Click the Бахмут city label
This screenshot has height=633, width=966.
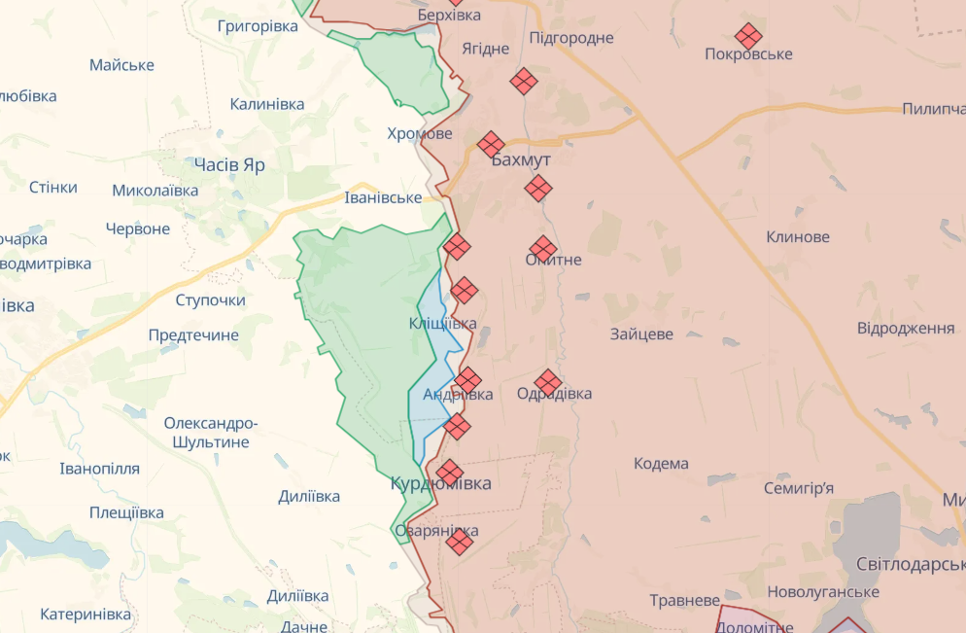(522, 159)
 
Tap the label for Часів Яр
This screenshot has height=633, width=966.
(229, 165)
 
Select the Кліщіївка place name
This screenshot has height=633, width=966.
(442, 323)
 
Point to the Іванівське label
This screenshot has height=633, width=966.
(383, 197)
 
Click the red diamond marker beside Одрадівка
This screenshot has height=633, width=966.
(548, 382)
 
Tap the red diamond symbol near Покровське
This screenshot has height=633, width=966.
(748, 37)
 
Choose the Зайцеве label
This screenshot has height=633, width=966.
(641, 334)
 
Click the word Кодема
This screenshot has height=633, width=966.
(661, 463)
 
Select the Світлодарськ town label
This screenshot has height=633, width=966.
(910, 564)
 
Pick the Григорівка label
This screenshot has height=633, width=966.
(258, 26)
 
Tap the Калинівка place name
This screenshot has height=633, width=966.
(267, 104)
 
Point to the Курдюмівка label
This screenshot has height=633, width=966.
(441, 483)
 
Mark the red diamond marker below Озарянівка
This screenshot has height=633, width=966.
(460, 542)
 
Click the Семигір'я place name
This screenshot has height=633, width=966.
(798, 488)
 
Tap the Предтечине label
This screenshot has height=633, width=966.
(193, 334)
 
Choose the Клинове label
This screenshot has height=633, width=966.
(798, 236)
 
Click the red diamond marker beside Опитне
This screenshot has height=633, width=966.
(543, 249)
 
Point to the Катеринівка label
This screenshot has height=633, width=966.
(86, 615)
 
